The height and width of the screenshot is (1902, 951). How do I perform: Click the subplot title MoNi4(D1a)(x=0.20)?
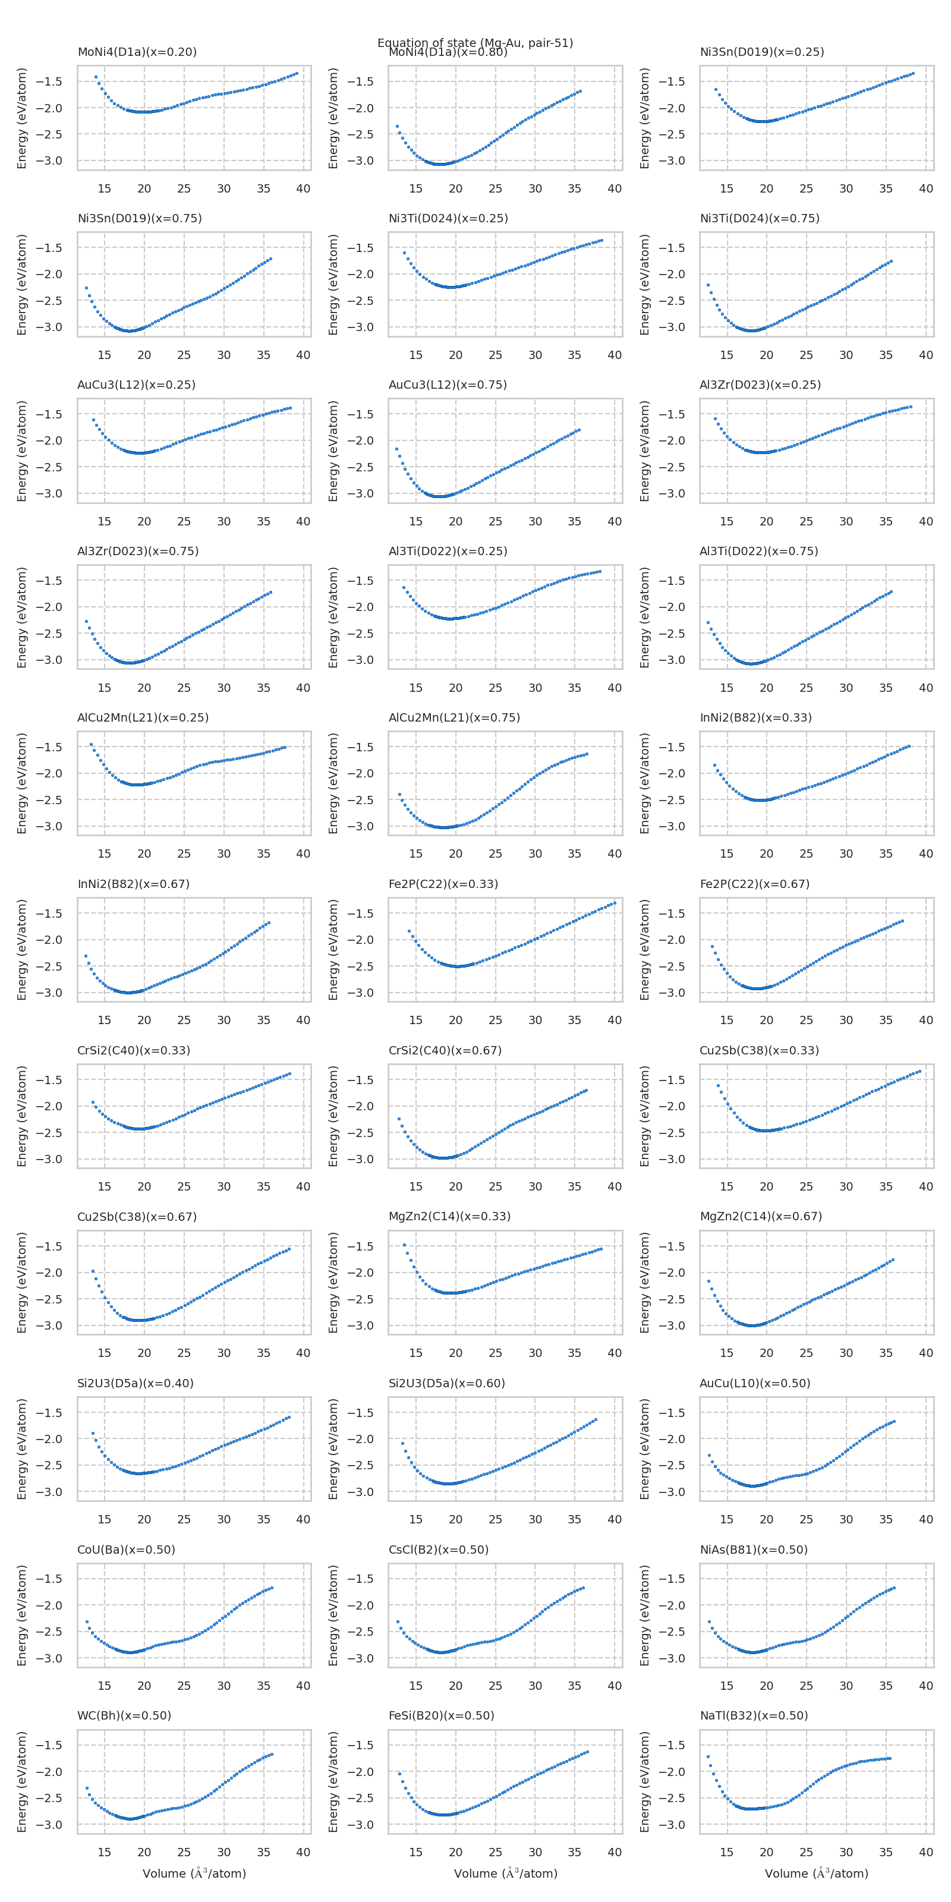point(137,52)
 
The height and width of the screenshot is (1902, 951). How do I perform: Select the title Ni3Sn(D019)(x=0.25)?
point(761,52)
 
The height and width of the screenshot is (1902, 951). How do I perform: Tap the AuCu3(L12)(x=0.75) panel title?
point(448,385)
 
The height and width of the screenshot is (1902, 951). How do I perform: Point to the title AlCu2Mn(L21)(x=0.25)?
point(143,717)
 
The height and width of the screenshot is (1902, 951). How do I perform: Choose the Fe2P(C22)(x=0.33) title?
point(443,884)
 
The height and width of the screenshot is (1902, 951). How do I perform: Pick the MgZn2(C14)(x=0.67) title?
point(761,1216)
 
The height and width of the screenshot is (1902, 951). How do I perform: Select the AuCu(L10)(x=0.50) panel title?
point(755,1383)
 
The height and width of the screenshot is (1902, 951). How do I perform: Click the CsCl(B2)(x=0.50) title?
point(439,1549)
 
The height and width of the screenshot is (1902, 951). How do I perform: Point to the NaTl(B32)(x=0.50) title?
point(753,1715)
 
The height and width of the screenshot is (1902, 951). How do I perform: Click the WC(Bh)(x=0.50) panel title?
point(124,1715)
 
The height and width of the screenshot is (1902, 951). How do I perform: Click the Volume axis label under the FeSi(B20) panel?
point(505,1873)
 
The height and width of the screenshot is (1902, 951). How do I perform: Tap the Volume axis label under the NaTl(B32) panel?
point(816,1873)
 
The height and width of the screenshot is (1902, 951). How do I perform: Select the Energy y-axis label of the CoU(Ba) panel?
point(21,1615)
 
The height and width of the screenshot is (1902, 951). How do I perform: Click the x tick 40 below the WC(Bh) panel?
point(303,1852)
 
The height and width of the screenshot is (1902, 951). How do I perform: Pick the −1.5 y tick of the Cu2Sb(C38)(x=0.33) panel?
point(673,1079)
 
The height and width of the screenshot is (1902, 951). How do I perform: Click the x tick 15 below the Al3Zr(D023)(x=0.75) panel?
point(104,688)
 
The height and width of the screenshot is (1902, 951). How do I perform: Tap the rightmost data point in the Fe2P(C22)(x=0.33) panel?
point(615,903)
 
